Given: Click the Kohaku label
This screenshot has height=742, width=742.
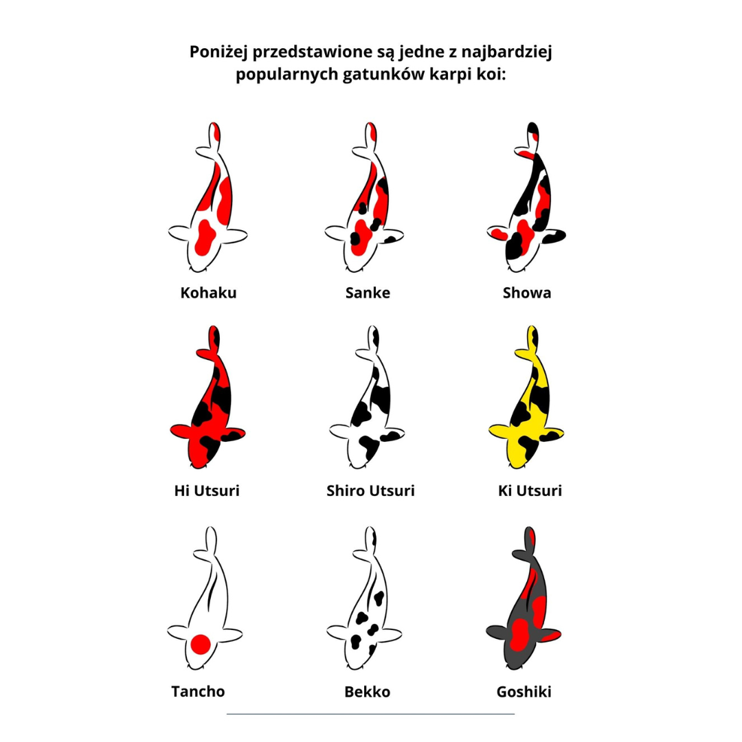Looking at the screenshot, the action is pyautogui.click(x=208, y=293).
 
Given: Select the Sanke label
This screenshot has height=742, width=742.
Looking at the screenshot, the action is pyautogui.click(x=368, y=293).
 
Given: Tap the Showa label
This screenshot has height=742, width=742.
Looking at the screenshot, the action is pyautogui.click(x=527, y=293).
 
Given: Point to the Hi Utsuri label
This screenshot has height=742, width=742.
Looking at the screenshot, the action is pyautogui.click(x=207, y=491).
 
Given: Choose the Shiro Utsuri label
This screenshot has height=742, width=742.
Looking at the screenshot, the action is pyautogui.click(x=370, y=491).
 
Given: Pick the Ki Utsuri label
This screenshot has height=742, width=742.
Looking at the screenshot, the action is pyautogui.click(x=530, y=491).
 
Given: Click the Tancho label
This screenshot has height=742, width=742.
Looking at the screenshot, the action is pyautogui.click(x=198, y=691).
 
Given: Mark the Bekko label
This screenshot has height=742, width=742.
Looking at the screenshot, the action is pyautogui.click(x=367, y=692).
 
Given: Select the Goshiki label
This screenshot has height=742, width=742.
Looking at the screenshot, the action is pyautogui.click(x=524, y=692).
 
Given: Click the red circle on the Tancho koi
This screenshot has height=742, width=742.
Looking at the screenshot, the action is pyautogui.click(x=200, y=644).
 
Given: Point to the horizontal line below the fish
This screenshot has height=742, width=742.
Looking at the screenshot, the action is pyautogui.click(x=370, y=714).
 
